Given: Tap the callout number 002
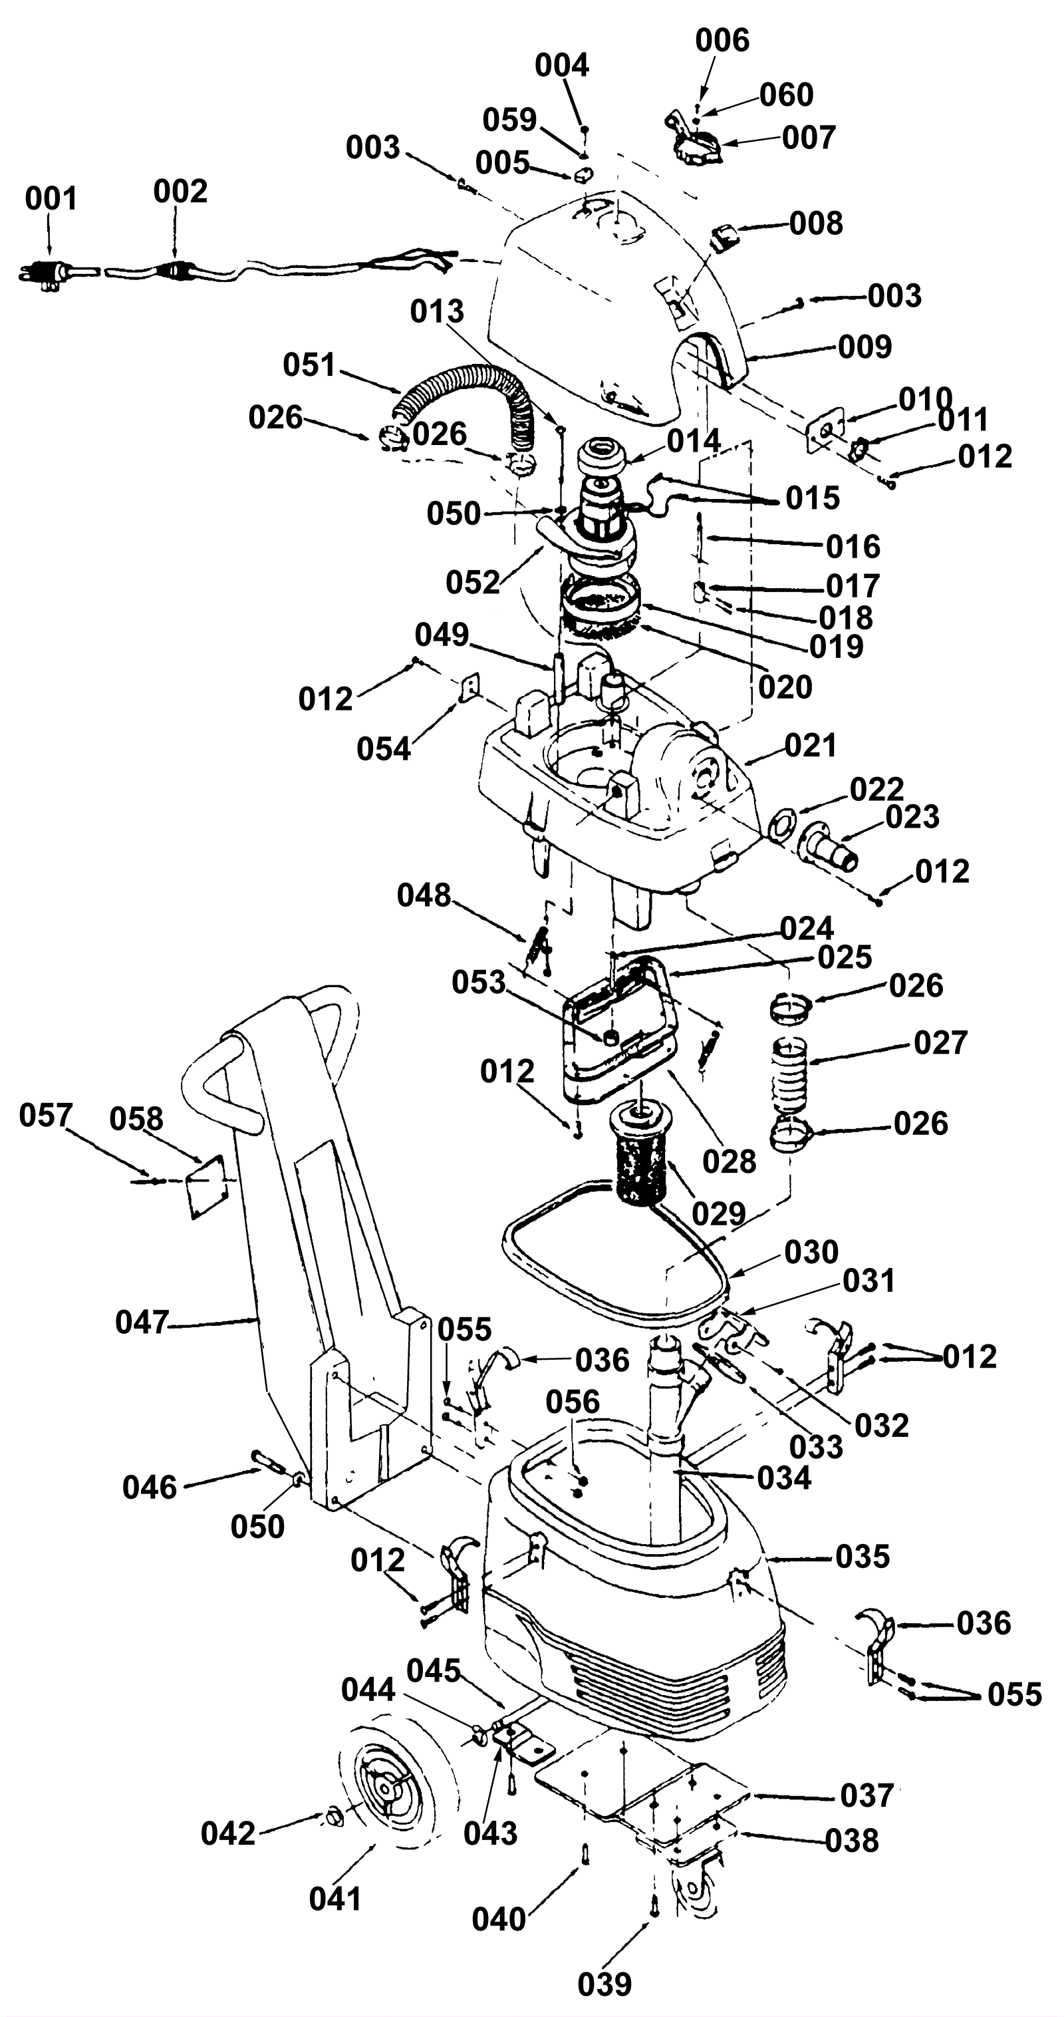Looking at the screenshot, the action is click(x=180, y=192).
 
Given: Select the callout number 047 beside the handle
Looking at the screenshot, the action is click(x=142, y=1323).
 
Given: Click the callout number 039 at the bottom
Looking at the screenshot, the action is click(x=604, y=1985).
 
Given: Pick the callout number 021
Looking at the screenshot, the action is click(x=811, y=746).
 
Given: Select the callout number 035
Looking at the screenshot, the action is click(x=863, y=1557).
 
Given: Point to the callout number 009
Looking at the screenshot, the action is click(x=864, y=347).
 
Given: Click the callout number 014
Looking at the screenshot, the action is click(x=694, y=441).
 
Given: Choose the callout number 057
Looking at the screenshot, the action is click(x=45, y=1116).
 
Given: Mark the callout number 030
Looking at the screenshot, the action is click(x=811, y=1252).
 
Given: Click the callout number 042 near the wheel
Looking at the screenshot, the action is click(x=228, y=1834).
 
